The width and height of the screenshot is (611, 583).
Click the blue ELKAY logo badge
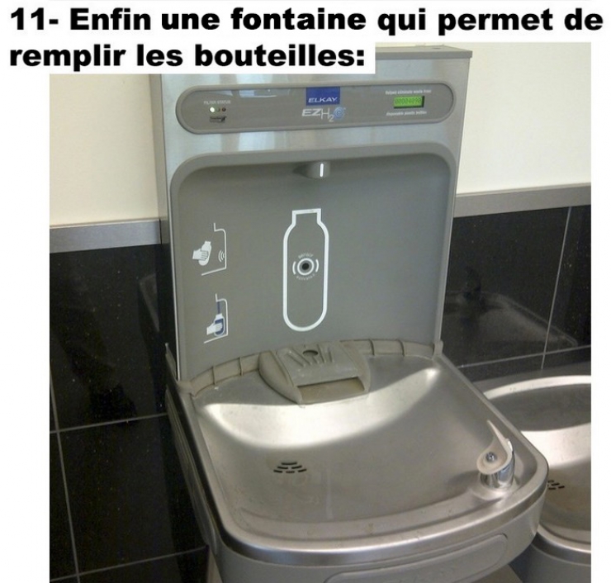[319, 97]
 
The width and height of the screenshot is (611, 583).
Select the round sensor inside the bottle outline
[308, 267]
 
